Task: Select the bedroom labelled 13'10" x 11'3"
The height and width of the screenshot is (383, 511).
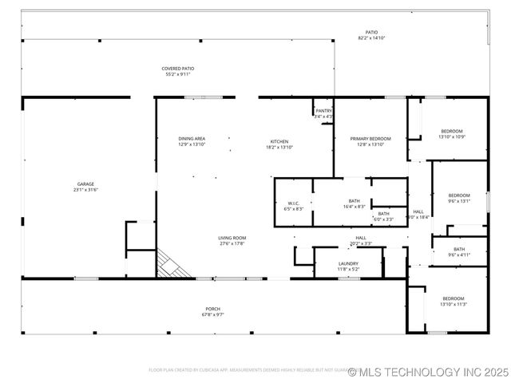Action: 453,301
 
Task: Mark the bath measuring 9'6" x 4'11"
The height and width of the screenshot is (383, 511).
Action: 459,251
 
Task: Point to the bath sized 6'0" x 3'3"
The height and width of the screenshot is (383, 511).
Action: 384,215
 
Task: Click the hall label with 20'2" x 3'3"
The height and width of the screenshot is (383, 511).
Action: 361,240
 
